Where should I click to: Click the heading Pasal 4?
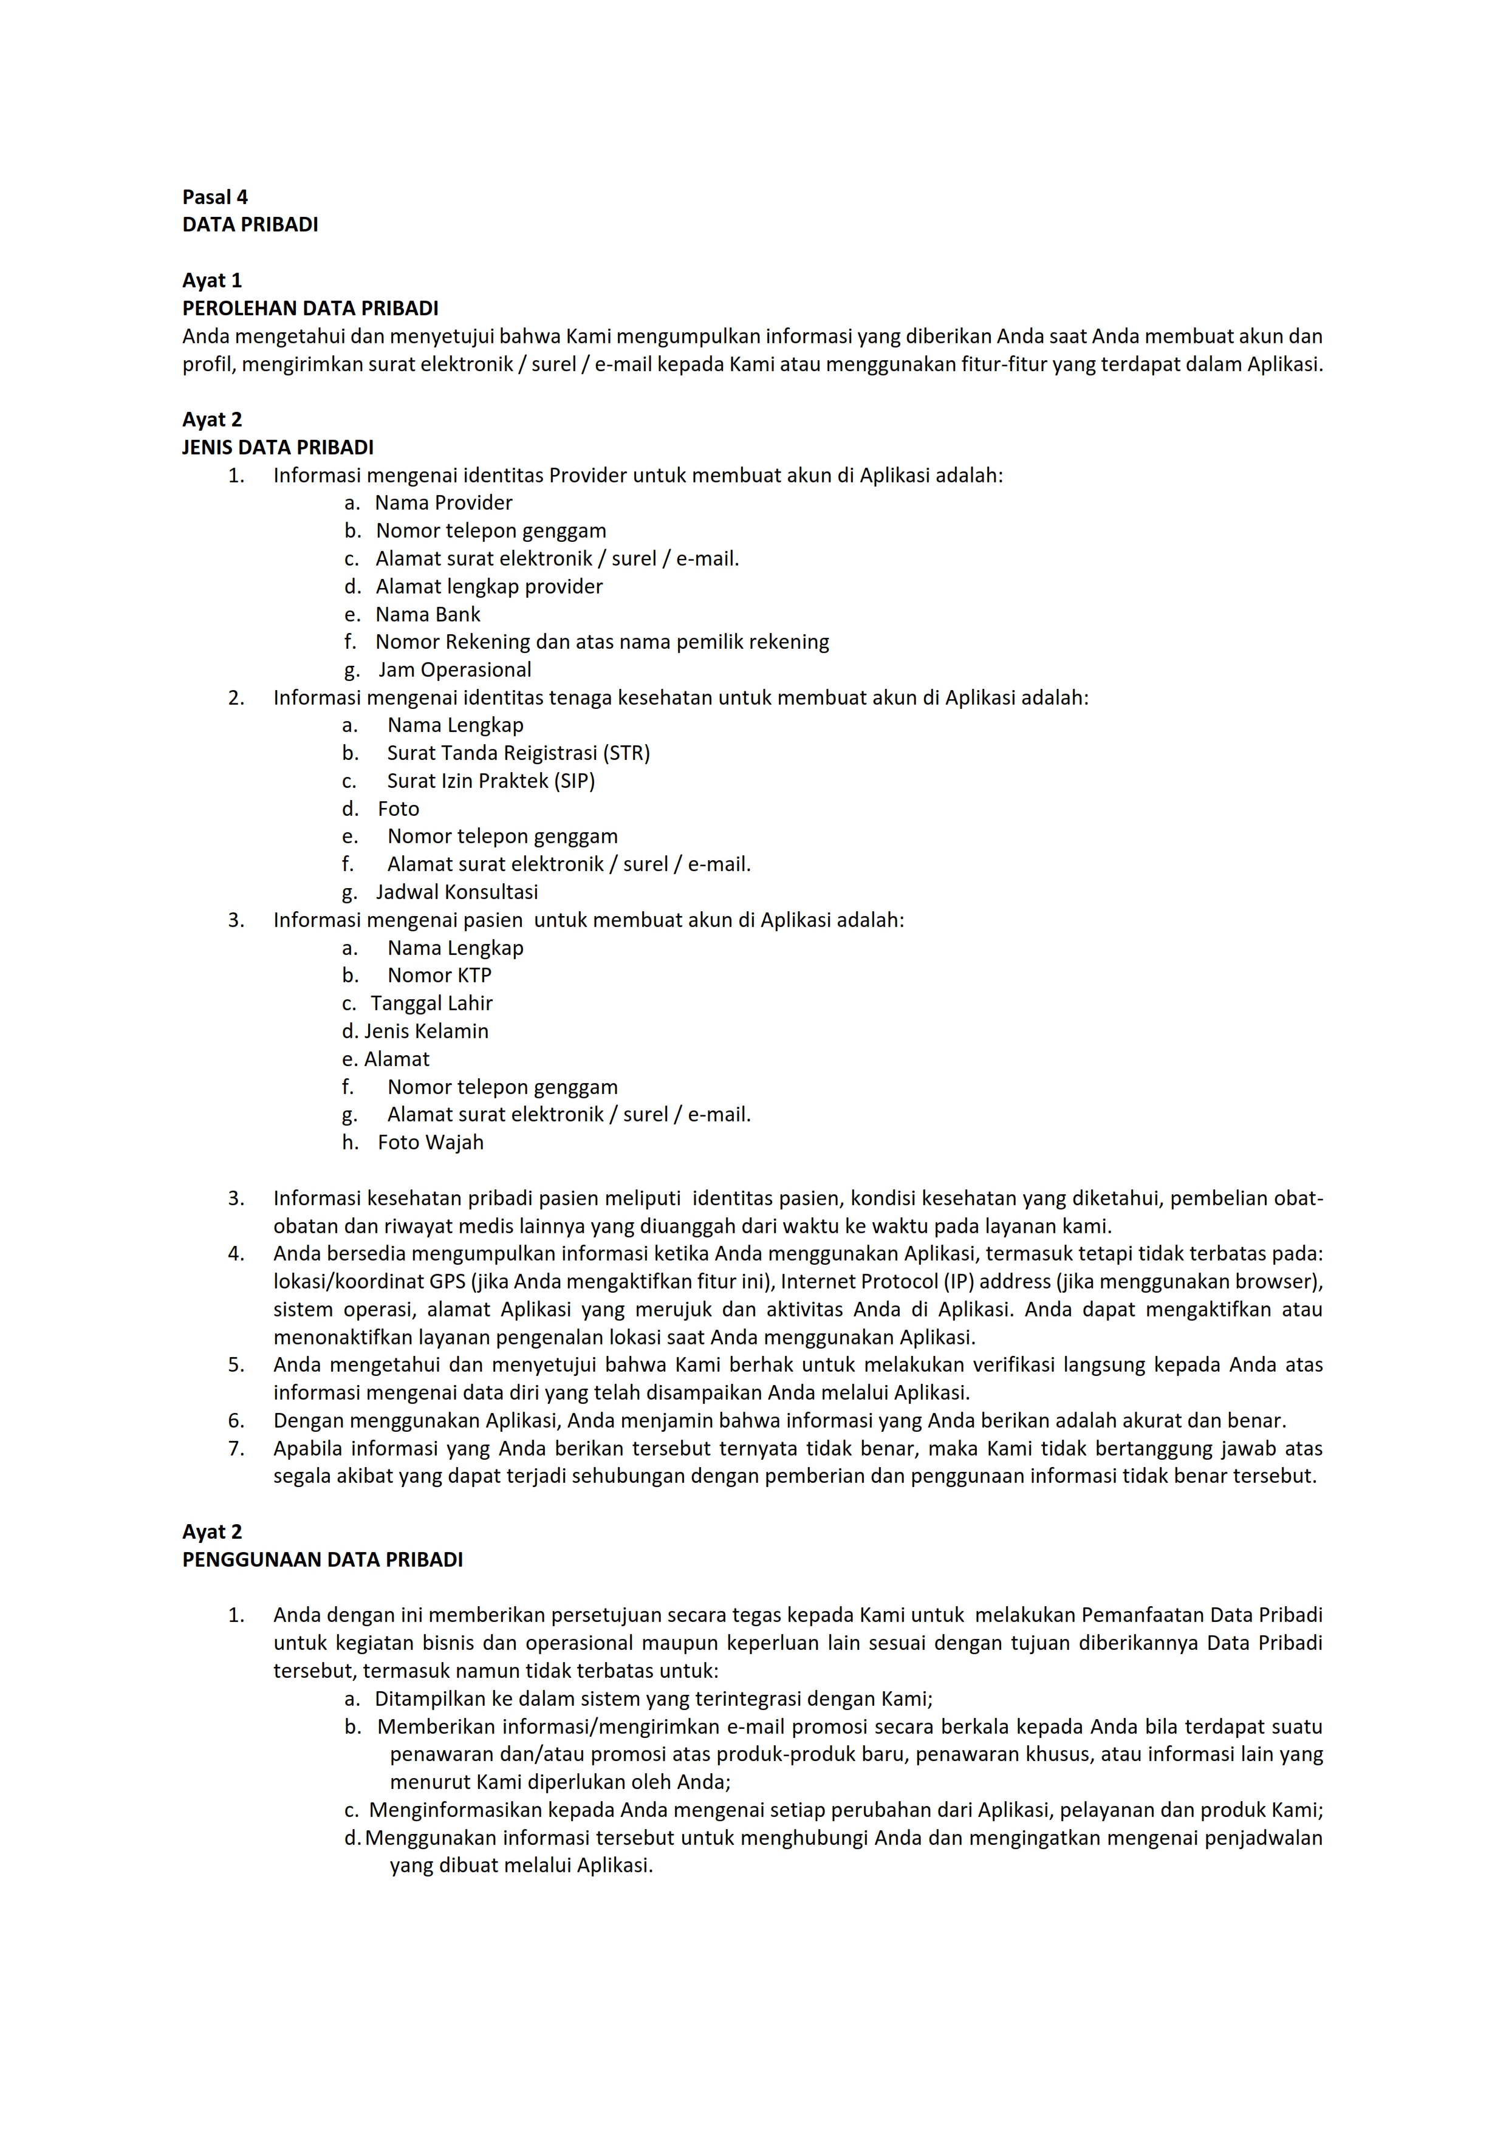click(214, 197)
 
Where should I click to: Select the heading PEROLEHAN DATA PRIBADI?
click(310, 308)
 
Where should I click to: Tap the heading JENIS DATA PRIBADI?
click(278, 447)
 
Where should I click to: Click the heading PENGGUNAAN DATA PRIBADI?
click(322, 1559)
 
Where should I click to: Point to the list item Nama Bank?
click(428, 614)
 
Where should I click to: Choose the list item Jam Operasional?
click(454, 670)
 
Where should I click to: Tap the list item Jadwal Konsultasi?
click(456, 892)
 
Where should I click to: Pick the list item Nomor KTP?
click(439, 976)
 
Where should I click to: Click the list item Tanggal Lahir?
click(431, 1004)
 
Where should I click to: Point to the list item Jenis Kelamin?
click(426, 1031)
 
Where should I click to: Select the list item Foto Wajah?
click(431, 1143)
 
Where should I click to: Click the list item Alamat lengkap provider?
click(489, 587)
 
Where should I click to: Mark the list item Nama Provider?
click(443, 503)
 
